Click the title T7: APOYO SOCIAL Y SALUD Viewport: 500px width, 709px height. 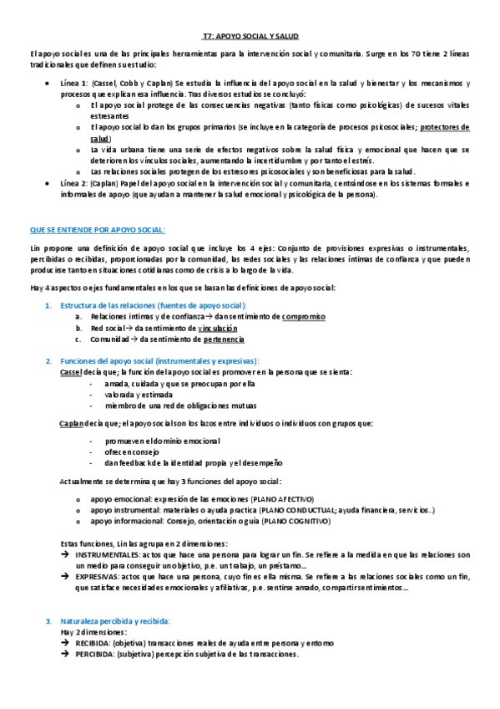point(250,37)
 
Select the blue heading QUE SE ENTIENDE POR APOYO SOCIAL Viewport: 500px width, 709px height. point(98,229)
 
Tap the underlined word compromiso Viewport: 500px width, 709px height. point(304,317)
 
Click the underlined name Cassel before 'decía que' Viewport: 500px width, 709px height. point(73,371)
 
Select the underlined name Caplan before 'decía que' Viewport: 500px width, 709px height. point(73,424)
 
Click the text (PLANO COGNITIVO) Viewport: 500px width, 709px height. point(297,520)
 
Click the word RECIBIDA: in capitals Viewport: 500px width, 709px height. point(93,643)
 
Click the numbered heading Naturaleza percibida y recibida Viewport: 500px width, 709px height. point(114,621)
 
